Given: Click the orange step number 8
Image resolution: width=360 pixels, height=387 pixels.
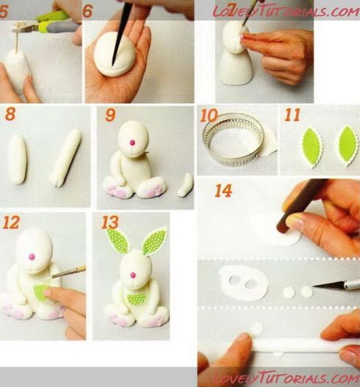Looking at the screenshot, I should [10, 115].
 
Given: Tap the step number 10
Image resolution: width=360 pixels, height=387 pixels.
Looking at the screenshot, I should [208, 115].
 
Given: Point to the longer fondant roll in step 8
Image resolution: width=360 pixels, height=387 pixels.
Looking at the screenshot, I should [69, 156].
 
